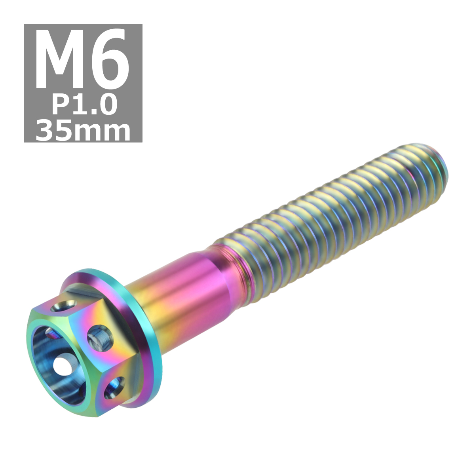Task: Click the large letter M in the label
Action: coord(59,59)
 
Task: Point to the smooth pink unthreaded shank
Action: coord(190,285)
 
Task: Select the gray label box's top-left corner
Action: coord(25,25)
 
